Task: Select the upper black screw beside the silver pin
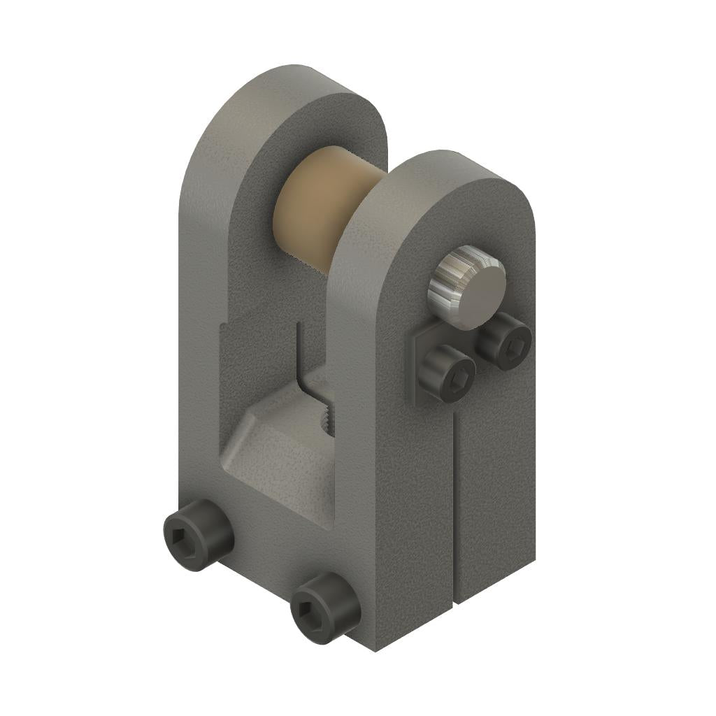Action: (504, 341)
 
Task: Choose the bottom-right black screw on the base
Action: (325, 607)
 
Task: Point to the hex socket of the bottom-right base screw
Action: (308, 609)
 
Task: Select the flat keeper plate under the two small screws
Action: (418, 378)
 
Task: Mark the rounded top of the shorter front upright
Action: (454, 171)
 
